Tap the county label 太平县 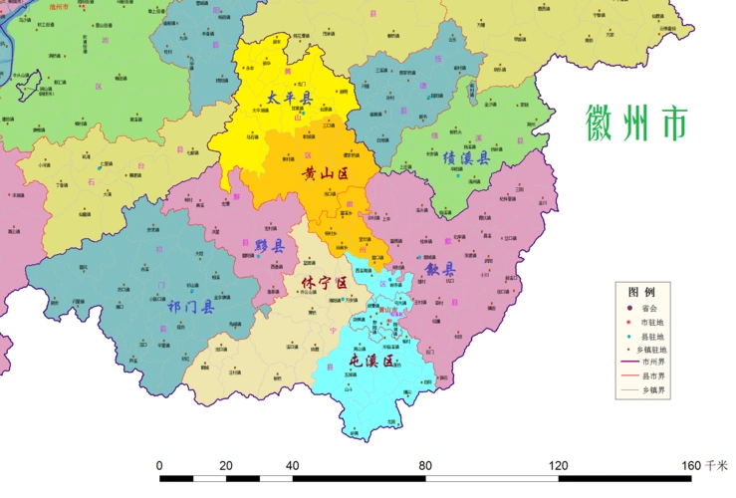289,99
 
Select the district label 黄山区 326,173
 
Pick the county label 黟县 269,246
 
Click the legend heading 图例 641,293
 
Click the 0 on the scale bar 159,466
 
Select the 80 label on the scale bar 425,466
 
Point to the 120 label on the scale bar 558,466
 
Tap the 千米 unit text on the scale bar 716,466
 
